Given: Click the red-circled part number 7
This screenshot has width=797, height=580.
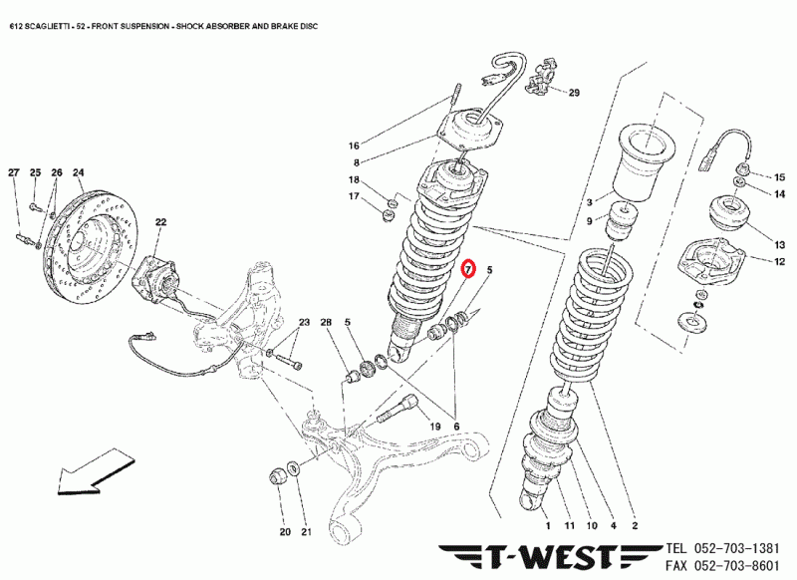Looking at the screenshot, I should [x=471, y=269].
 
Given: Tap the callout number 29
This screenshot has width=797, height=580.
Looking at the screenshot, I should [x=573, y=94].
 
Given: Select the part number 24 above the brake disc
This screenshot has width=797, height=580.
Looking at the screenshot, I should [x=78, y=172].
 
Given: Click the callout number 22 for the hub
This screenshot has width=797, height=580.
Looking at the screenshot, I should [x=160, y=222].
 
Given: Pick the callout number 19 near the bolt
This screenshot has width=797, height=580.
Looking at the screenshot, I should [x=434, y=427].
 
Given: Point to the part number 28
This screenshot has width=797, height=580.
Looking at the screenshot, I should [x=326, y=322].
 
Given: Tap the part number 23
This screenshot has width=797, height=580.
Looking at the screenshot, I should [x=305, y=322].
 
